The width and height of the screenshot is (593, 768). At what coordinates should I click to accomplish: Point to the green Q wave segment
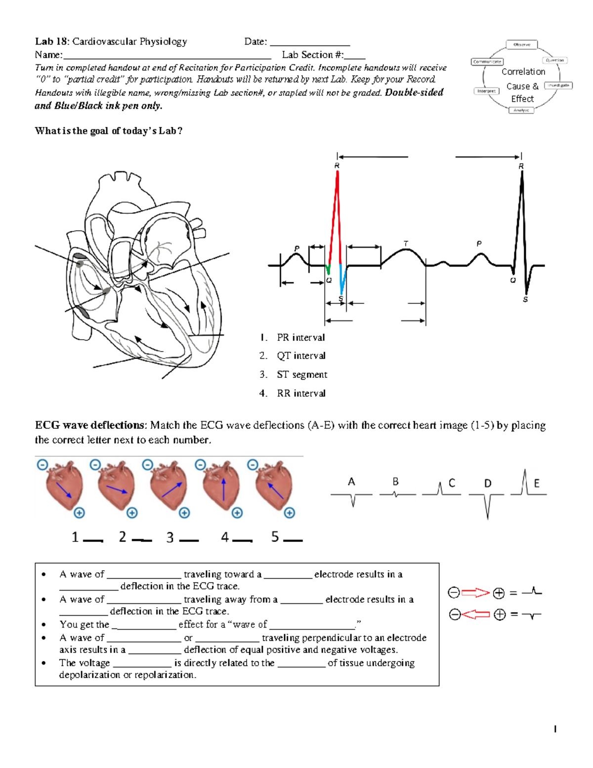click(328, 269)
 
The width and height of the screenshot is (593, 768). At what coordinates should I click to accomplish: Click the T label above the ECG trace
click(406, 244)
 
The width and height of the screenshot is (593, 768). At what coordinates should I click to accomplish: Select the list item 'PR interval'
click(300, 338)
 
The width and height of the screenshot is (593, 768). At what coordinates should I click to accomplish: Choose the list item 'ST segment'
click(301, 375)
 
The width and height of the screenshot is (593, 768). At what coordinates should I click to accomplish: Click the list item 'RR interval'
click(301, 394)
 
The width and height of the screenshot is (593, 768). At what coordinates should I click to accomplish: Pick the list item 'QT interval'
click(301, 356)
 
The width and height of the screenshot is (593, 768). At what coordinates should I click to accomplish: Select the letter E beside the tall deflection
click(537, 484)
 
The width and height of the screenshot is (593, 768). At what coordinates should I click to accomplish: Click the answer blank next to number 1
click(93, 540)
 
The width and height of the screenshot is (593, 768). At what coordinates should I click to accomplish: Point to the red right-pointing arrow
click(475, 592)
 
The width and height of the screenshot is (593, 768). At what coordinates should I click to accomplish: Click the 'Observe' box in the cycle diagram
click(522, 45)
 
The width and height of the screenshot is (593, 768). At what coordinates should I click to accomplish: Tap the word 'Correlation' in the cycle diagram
click(523, 72)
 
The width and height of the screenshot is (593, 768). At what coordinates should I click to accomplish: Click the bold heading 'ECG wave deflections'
click(90, 425)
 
